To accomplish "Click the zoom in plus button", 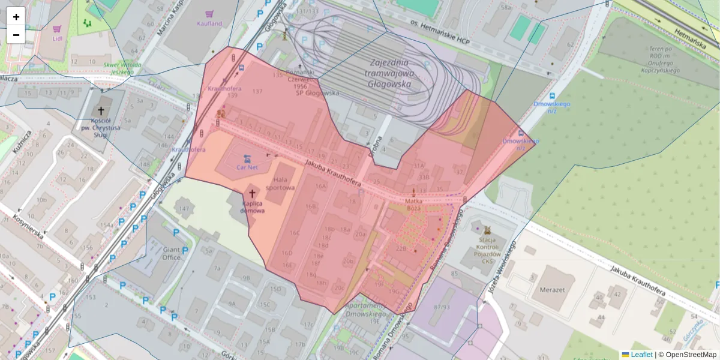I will [16, 17].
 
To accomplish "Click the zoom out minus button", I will [16, 35].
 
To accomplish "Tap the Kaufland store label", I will [209, 23].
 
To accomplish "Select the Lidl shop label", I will [58, 38].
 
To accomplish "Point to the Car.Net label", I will [247, 167].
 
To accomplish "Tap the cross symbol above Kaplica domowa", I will [252, 194].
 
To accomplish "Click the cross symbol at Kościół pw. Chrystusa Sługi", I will [101, 111].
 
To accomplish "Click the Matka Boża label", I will [415, 204].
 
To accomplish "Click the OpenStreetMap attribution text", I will [687, 355].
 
